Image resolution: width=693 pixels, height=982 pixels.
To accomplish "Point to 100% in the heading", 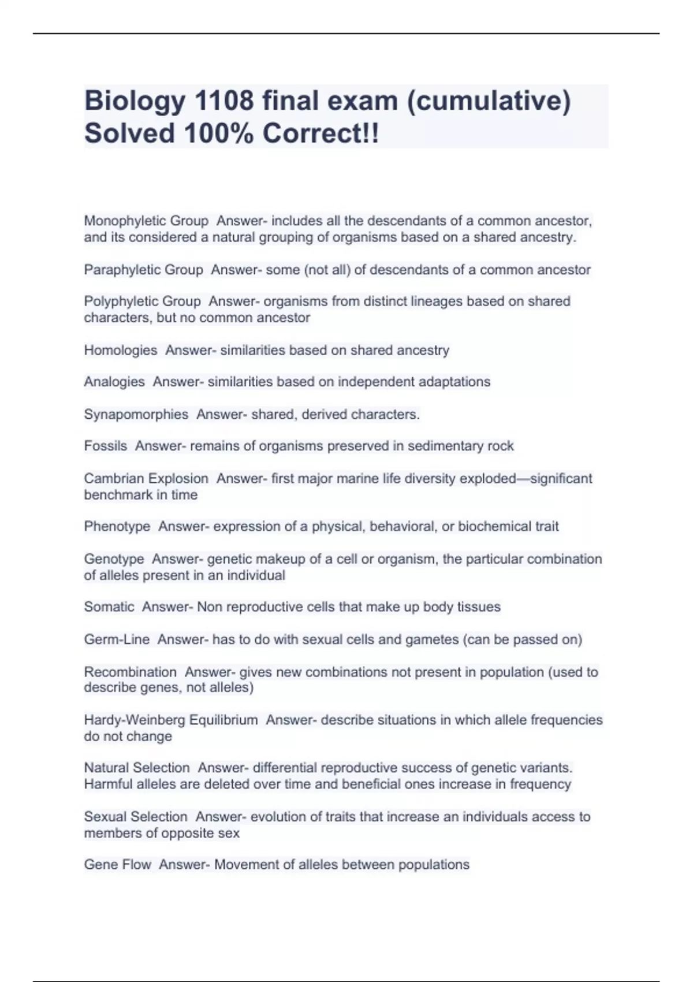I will coord(218,133).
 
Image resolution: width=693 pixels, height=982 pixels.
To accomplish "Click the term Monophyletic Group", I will coord(146,221).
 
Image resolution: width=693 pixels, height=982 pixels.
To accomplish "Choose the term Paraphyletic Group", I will coord(143,270).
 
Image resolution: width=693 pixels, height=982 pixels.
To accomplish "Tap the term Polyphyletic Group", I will coord(142,302).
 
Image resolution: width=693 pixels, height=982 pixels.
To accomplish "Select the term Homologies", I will coord(120,350).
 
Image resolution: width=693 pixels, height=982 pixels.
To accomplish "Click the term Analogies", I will coord(114,382).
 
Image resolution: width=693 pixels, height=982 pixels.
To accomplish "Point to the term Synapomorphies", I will coord(136,414).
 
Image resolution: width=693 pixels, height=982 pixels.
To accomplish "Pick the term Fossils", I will coord(105,446).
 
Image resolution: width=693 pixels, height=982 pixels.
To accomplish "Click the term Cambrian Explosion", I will coord(146,478).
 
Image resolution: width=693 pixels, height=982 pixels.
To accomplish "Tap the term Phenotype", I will coord(117,526).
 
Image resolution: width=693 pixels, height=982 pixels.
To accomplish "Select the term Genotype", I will coord(114,559).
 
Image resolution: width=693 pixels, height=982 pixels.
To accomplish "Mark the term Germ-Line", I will coord(117,639).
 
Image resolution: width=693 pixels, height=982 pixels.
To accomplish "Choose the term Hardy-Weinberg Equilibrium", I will coord(171,720).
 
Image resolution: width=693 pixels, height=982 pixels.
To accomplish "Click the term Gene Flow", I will coord(117,865).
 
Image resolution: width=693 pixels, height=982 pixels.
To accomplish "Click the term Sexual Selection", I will coord(136,817).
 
